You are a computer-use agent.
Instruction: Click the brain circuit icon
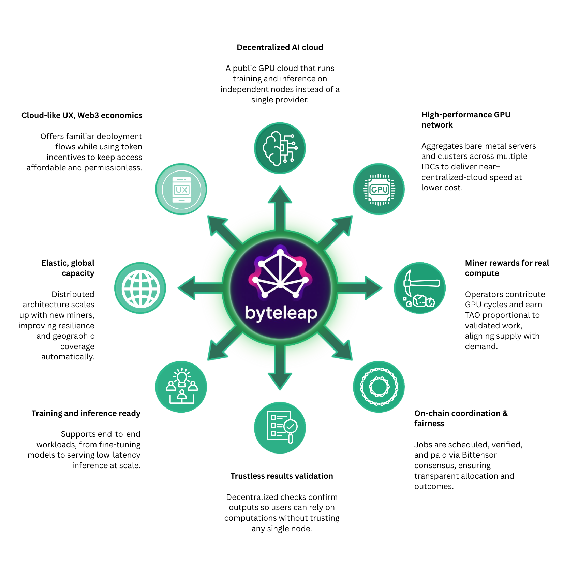click(x=280, y=148)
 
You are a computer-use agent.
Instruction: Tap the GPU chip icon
click(x=379, y=189)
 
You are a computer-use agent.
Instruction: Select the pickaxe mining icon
click(x=420, y=288)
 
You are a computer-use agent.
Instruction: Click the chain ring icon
click(x=379, y=387)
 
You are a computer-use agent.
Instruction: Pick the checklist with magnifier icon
click(x=280, y=428)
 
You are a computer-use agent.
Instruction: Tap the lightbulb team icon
click(x=181, y=387)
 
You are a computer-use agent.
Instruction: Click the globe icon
click(x=140, y=288)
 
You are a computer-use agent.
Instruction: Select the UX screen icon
click(x=181, y=189)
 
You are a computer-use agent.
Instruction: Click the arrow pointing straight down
click(x=280, y=367)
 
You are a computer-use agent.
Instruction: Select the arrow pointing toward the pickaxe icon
click(x=359, y=288)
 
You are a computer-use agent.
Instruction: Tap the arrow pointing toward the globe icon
click(x=201, y=288)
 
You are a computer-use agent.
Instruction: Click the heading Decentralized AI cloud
click(x=280, y=47)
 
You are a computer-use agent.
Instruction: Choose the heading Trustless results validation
click(x=282, y=476)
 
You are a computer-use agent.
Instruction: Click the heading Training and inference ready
click(x=86, y=413)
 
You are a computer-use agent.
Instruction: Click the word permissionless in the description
click(x=113, y=168)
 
